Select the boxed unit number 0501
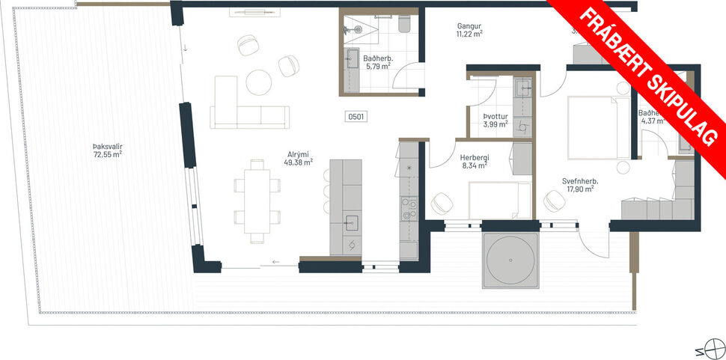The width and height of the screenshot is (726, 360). point(356,117)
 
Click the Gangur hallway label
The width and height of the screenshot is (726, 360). point(469,26)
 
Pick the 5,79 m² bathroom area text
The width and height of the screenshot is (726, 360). point(378,66)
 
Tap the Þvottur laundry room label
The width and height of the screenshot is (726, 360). point(495,117)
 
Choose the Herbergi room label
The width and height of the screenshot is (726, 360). point(475,158)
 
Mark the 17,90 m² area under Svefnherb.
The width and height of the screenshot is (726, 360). point(580,189)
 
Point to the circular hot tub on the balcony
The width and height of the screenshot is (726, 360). point(511,259)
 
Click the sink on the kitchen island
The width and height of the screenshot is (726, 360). point(351,222)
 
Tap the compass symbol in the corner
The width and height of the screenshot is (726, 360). point(710,350)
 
